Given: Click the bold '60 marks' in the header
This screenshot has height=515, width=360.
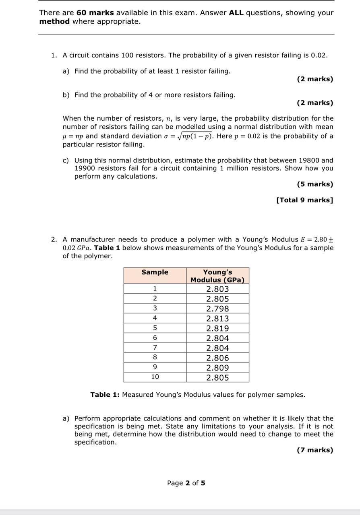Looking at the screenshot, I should click(x=95, y=12).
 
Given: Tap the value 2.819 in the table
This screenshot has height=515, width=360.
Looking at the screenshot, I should click(x=217, y=328).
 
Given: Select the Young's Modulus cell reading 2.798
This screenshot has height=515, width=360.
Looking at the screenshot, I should click(x=217, y=309).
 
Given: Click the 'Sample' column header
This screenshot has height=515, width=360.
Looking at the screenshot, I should click(x=155, y=272).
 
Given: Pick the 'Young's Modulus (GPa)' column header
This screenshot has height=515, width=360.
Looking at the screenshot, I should click(x=217, y=276).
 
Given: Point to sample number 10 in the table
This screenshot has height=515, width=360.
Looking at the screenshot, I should click(x=155, y=377).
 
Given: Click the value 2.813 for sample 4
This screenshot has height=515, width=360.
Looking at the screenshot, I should click(x=217, y=319).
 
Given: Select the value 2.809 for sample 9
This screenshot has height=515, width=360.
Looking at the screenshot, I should click(x=217, y=368).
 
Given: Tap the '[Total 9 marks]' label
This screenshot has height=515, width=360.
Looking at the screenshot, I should click(x=304, y=200).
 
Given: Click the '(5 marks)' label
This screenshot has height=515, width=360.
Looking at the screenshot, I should click(x=315, y=184).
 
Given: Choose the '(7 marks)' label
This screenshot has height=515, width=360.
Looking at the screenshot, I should click(x=315, y=450).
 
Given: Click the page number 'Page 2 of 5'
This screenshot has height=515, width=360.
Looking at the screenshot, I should click(x=186, y=483).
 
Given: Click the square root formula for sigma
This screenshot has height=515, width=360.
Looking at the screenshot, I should click(x=191, y=136).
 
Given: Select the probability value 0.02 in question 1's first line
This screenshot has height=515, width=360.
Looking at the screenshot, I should click(x=319, y=55).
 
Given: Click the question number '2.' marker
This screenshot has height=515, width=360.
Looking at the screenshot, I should click(x=54, y=239).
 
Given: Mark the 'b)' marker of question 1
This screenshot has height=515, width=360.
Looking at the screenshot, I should click(x=66, y=95).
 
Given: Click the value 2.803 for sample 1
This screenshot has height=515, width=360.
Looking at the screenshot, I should click(x=217, y=289).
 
